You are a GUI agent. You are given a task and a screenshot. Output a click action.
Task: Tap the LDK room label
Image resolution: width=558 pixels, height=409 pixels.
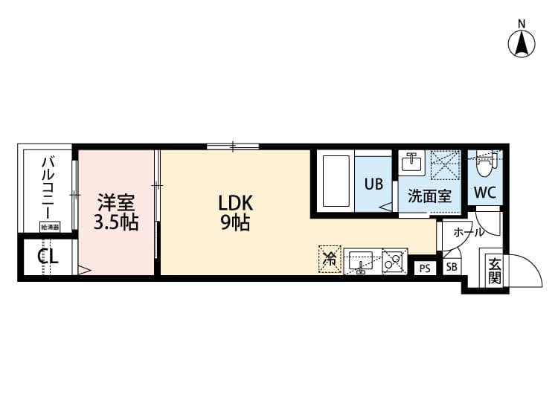pos(236,202)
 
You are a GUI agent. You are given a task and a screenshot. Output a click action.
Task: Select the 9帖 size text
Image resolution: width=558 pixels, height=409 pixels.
pos(234,222)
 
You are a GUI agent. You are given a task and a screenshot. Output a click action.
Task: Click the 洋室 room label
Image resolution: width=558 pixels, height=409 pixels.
pos(116,202)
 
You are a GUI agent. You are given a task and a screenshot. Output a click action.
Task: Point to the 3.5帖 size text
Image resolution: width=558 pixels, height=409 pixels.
pos(116,222)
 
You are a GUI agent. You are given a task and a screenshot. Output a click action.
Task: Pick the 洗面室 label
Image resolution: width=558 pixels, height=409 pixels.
pos(429,197)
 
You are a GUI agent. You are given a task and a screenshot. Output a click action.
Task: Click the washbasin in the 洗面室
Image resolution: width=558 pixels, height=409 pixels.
pos(411,162)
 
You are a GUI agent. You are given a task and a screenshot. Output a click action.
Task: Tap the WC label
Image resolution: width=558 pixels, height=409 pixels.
pos(485,192)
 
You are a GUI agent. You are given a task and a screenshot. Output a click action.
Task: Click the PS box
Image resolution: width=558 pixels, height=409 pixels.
pos(425,268)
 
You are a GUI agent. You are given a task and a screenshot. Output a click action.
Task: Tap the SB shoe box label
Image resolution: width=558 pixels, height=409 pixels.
pos(452,268)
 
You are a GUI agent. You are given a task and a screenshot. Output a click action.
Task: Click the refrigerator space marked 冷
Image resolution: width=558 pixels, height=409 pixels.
pos(328,259)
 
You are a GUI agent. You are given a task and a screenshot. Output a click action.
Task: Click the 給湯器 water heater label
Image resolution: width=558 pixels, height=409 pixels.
pos(50,226)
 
